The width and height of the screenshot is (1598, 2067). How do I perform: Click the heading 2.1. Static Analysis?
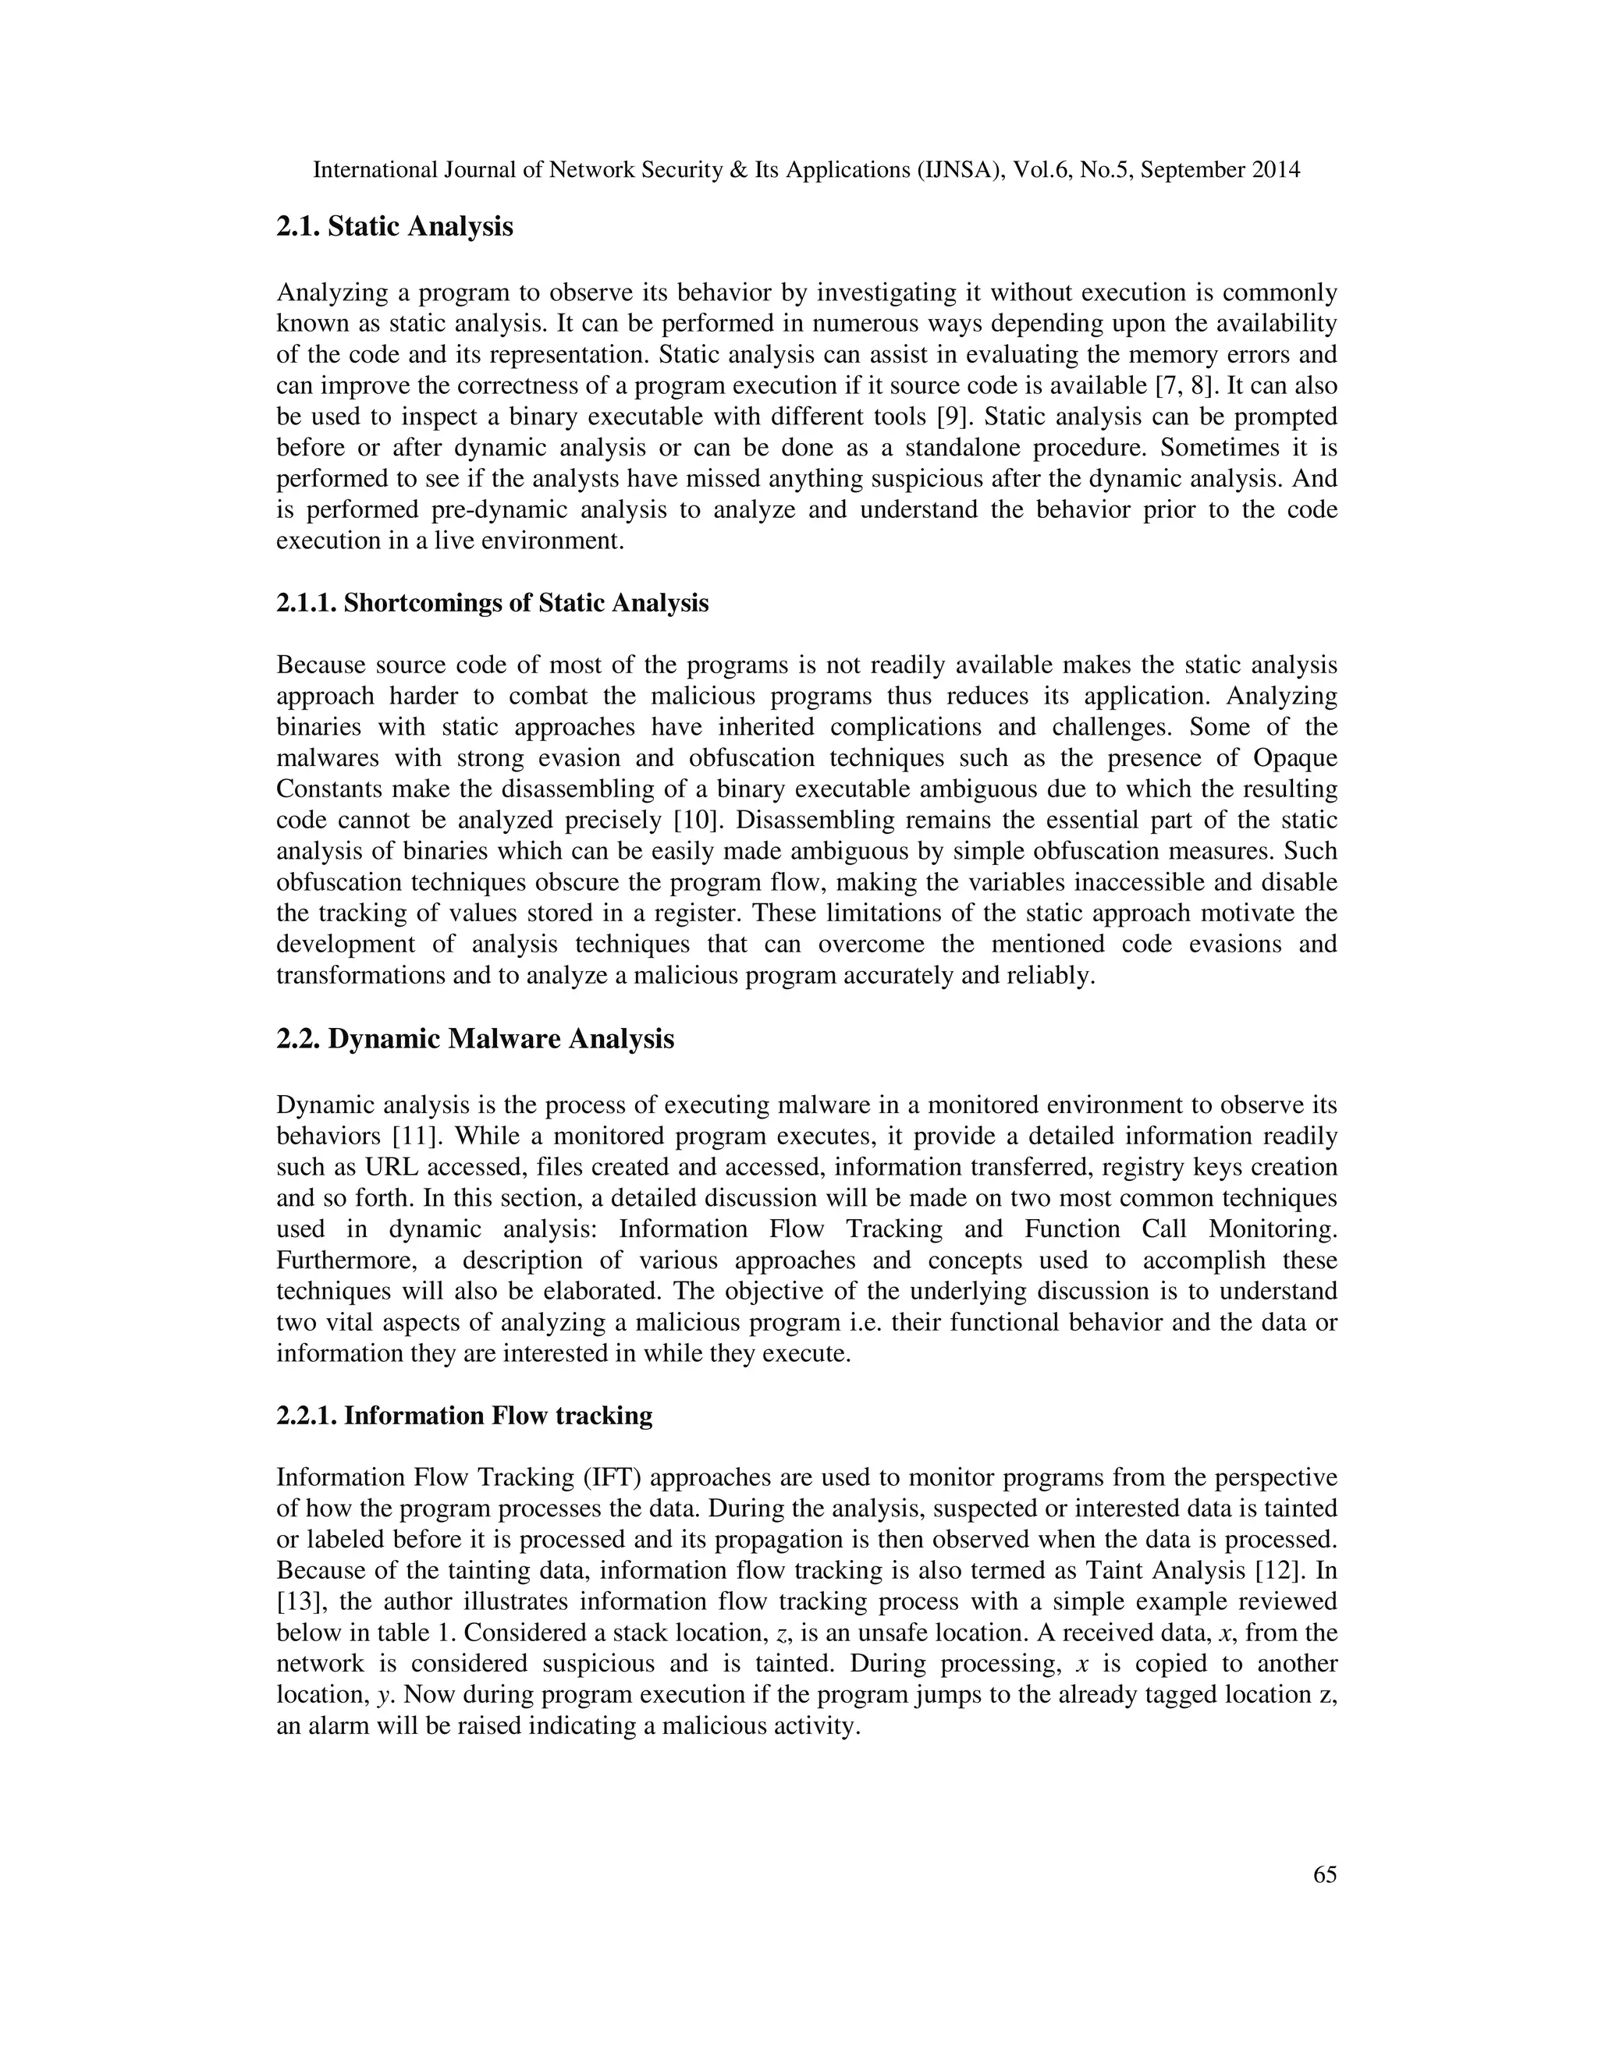coord(394,227)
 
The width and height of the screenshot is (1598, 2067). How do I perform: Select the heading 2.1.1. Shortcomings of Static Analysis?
coord(492,603)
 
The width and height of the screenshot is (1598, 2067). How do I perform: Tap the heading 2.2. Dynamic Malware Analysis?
coord(475,1039)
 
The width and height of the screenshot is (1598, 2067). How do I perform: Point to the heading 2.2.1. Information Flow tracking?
coord(464,1416)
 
